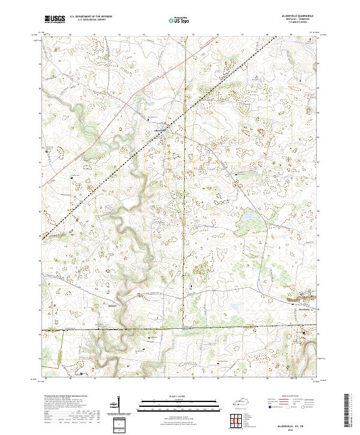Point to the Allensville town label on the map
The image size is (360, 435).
pyautogui.click(x=160, y=128)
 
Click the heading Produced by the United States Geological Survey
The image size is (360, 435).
pyautogui.click(x=65, y=397)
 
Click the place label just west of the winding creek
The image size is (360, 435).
pyautogui.click(x=111, y=305)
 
